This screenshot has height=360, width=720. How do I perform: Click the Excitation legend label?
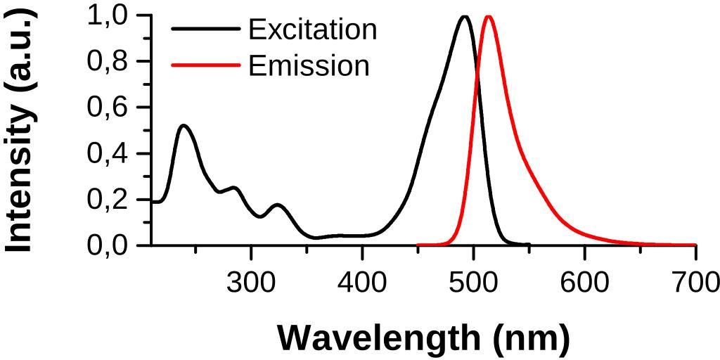[x=312, y=30]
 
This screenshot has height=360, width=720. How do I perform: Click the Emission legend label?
[x=309, y=65]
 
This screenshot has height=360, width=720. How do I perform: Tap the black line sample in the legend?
[x=205, y=29]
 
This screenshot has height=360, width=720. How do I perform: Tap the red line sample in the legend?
[x=205, y=65]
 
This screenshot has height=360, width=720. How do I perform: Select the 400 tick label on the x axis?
[x=362, y=283]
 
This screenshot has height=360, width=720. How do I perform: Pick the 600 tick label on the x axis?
[x=584, y=283]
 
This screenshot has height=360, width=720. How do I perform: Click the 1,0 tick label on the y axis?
[x=108, y=15]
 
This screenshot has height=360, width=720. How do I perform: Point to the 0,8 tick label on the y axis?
[x=108, y=61]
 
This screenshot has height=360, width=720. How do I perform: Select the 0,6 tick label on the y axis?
[x=108, y=107]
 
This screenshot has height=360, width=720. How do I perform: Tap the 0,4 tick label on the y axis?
[x=108, y=153]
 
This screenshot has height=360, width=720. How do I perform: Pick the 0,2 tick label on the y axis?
[x=108, y=200]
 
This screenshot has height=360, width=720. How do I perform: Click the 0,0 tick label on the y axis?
[x=108, y=245]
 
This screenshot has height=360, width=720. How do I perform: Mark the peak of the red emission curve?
[x=488, y=16]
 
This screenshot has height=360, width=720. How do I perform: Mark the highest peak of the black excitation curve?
[x=464, y=16]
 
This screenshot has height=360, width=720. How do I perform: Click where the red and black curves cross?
[x=477, y=65]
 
